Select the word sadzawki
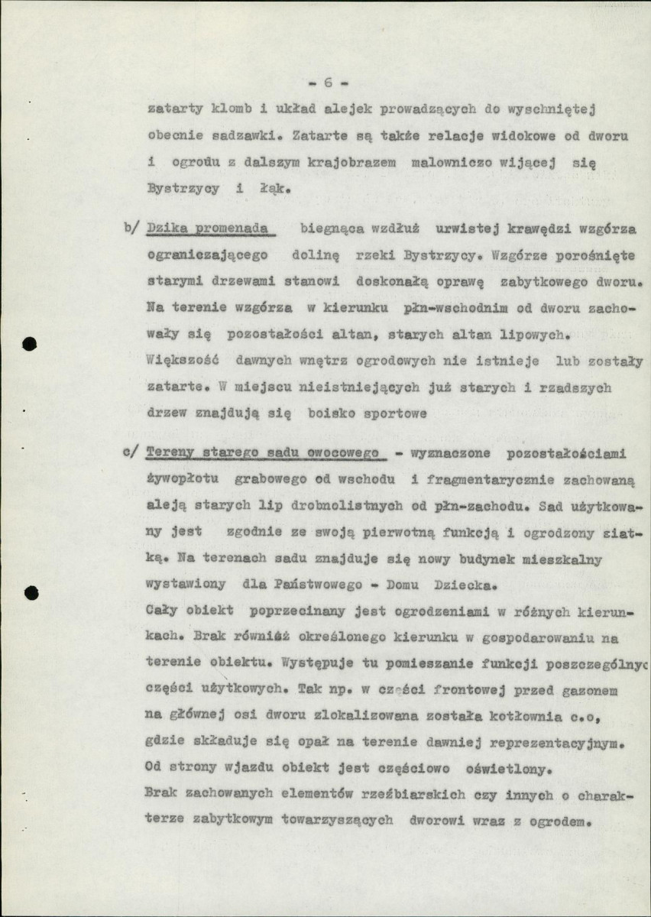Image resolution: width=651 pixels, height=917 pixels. tap(234, 136)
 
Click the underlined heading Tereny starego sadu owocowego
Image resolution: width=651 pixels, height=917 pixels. tap(264, 452)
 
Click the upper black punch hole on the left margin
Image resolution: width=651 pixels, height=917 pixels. tap(30, 344)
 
